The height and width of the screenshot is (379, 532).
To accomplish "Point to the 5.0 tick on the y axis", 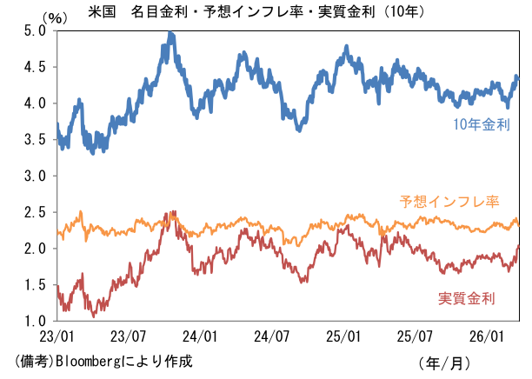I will point(34,30).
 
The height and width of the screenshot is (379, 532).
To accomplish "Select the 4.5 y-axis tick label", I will point(34,66).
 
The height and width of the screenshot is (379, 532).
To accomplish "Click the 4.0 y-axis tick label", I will point(34,103).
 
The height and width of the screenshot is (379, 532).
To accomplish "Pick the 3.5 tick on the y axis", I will point(34,139).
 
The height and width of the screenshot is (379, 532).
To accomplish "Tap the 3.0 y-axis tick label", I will point(34,176).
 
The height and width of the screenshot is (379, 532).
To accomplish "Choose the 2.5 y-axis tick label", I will point(34,212).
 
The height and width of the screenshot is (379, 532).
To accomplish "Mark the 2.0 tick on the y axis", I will point(34,249).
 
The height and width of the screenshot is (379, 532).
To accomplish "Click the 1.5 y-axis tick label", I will point(34,285).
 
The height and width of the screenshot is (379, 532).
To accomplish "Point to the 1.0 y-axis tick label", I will point(34,321).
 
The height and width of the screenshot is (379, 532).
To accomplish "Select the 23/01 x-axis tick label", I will point(56,335).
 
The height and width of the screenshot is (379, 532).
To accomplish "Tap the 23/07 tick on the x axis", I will point(128,335).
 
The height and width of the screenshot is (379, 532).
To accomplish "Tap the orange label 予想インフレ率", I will point(449,202).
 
